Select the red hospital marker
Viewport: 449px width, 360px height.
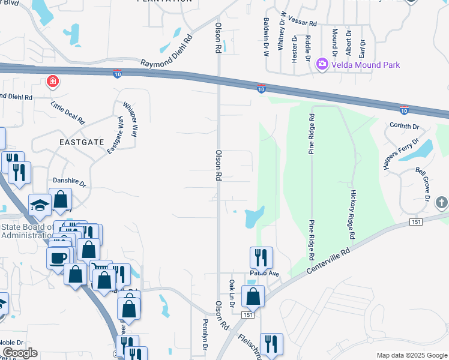click(x=53, y=82)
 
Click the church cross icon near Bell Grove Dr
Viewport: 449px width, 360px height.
click(x=442, y=202)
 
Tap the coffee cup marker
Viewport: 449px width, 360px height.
click(x=58, y=257)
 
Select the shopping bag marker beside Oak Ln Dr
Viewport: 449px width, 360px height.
click(x=253, y=296)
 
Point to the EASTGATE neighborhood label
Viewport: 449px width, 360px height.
click(x=82, y=142)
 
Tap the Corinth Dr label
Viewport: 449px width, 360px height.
click(x=403, y=127)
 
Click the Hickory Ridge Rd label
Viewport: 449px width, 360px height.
click(x=354, y=213)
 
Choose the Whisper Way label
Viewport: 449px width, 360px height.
click(x=130, y=119)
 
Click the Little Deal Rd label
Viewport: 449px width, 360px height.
click(x=68, y=112)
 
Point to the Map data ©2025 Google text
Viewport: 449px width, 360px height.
click(x=411, y=355)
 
